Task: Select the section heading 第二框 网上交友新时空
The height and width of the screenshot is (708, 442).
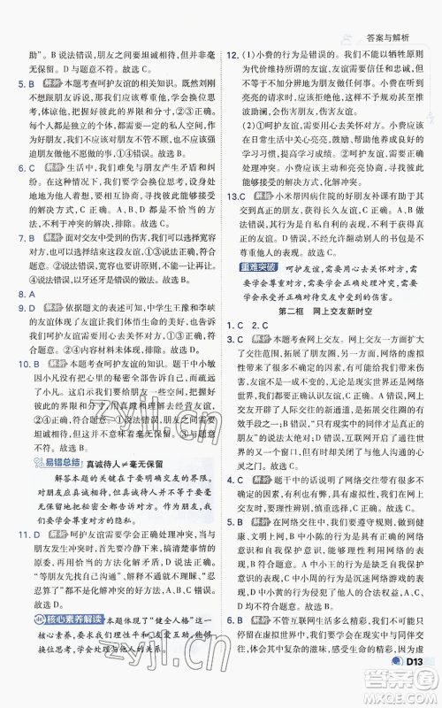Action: pos(328,323)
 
